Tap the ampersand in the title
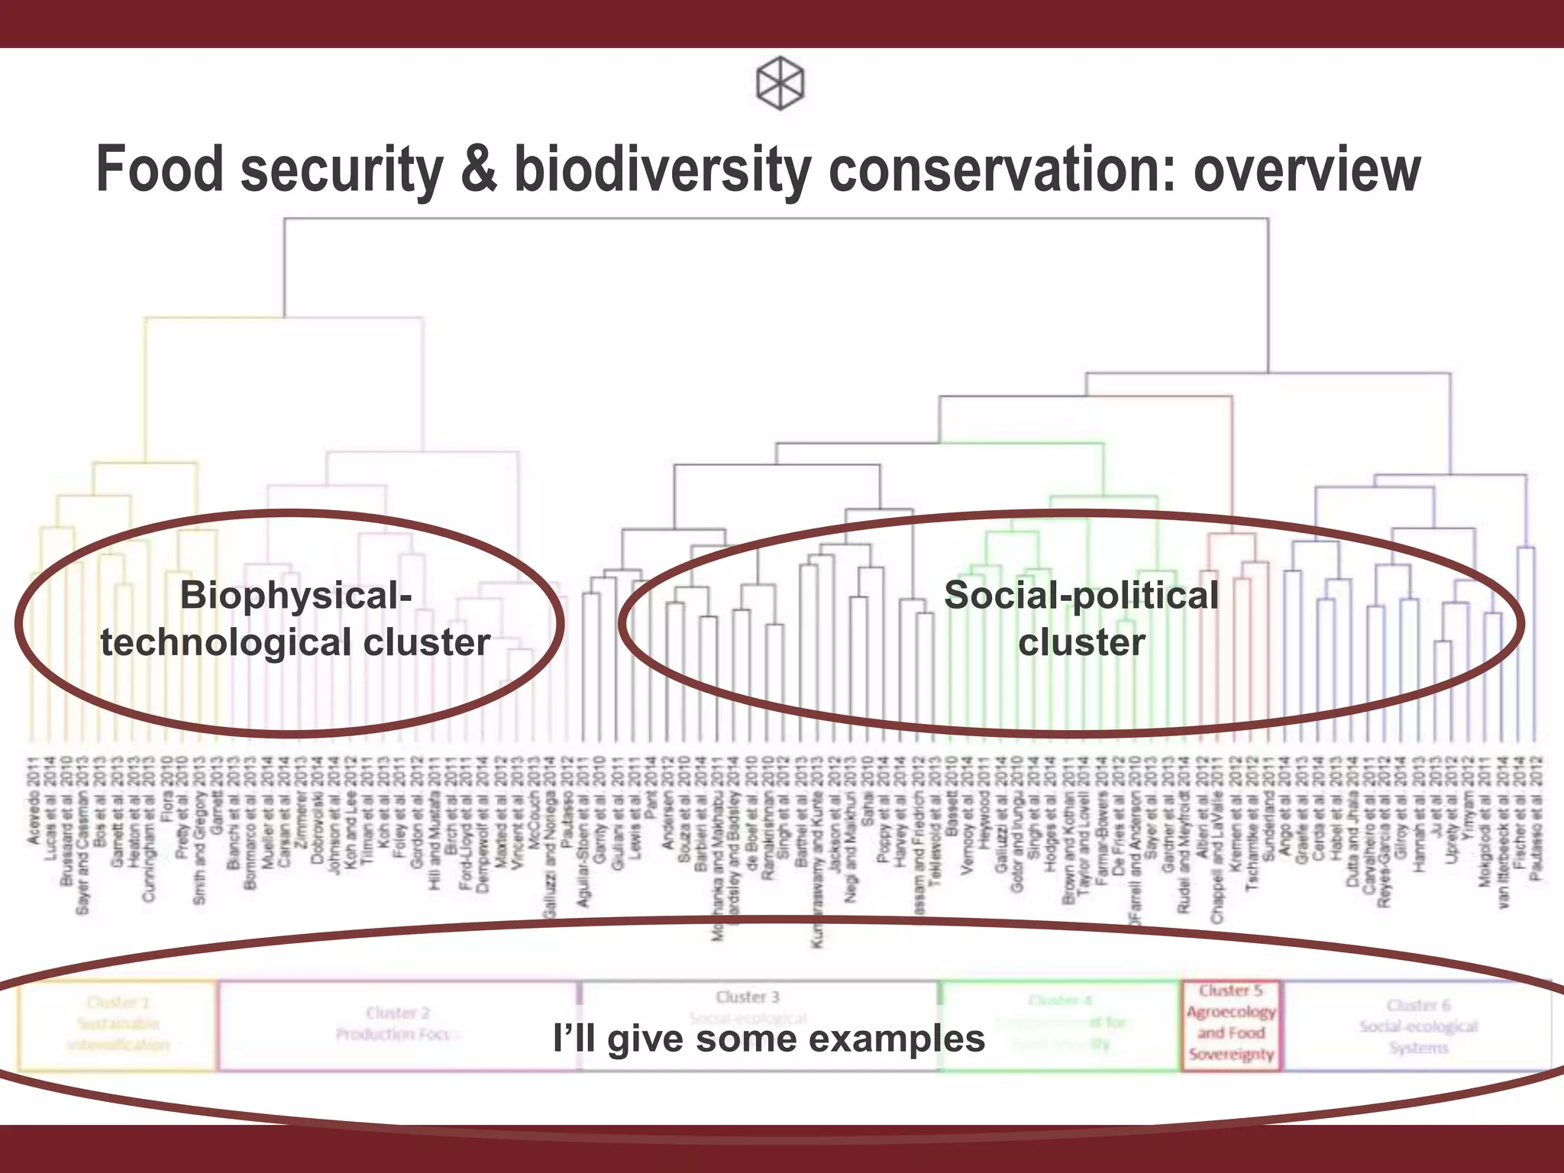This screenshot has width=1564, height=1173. point(479,170)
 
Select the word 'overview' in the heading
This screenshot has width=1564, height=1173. point(1307,170)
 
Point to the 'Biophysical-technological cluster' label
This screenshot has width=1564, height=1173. point(295,619)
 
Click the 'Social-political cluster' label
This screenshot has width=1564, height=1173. point(1081,619)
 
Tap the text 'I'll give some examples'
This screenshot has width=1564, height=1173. point(769,1039)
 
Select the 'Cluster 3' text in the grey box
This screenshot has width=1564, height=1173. point(748,997)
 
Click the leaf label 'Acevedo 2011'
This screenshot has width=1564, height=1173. point(34,800)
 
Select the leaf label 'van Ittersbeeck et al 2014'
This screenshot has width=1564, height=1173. point(1504,832)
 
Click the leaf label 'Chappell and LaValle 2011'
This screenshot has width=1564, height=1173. point(1217,840)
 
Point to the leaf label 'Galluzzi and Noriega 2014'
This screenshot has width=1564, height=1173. point(549,839)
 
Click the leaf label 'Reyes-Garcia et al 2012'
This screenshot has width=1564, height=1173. point(1385,832)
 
